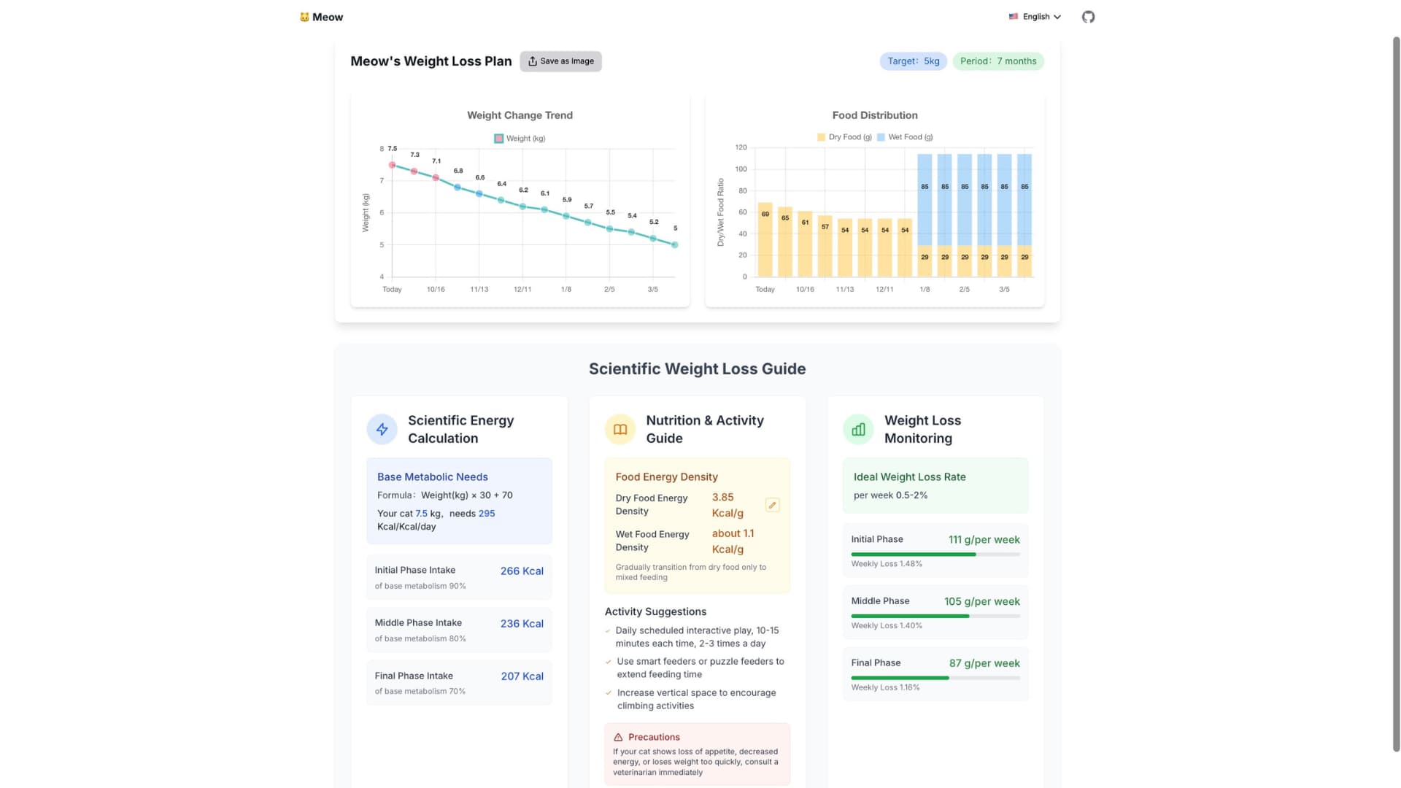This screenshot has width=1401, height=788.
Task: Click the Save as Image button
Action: click(x=560, y=61)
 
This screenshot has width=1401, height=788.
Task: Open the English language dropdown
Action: click(x=1035, y=17)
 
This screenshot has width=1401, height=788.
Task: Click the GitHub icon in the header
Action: click(x=1088, y=17)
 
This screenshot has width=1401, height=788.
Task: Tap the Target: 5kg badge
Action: click(x=913, y=61)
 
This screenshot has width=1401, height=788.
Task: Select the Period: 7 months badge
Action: click(x=997, y=61)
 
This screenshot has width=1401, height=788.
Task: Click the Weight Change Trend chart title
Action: click(x=520, y=115)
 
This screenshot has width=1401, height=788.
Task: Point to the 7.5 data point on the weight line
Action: click(x=392, y=165)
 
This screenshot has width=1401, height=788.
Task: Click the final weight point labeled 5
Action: click(x=675, y=245)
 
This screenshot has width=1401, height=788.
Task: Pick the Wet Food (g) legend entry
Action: click(x=905, y=137)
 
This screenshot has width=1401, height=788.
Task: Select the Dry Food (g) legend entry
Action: click(x=844, y=137)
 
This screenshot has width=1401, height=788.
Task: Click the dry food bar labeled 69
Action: click(x=765, y=241)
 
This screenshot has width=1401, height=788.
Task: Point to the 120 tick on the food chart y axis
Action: click(x=741, y=147)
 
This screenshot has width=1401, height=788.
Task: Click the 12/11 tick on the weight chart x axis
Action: click(x=522, y=290)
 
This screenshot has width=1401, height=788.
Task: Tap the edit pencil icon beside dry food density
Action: click(x=772, y=505)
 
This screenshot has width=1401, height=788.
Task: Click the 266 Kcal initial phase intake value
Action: click(x=522, y=571)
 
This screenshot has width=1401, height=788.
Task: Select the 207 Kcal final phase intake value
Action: click(x=522, y=676)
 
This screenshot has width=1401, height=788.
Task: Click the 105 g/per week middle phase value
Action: click(x=981, y=602)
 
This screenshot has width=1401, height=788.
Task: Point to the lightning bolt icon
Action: click(x=382, y=430)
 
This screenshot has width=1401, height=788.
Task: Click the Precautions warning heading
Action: click(x=653, y=737)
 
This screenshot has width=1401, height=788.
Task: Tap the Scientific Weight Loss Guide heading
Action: click(x=697, y=369)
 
